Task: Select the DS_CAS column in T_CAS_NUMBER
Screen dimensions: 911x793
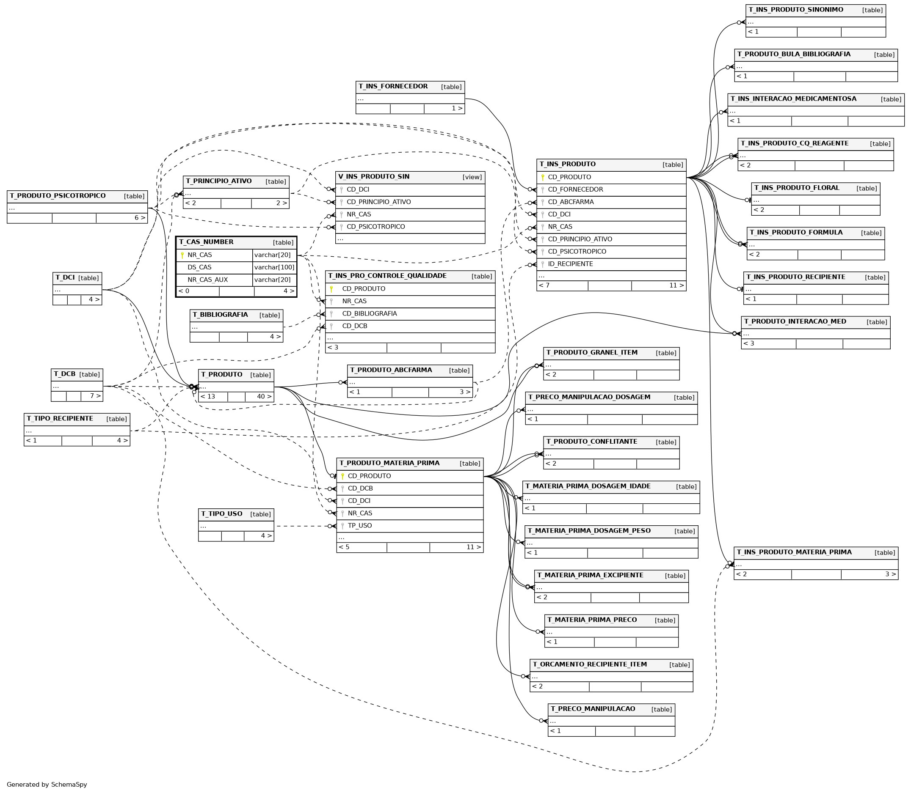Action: click(199, 267)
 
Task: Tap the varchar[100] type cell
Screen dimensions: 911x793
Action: click(274, 267)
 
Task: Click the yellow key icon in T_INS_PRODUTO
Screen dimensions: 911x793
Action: click(542, 178)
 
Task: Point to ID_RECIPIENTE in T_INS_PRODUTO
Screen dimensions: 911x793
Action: click(570, 264)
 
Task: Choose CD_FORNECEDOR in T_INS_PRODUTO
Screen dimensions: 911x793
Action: click(575, 190)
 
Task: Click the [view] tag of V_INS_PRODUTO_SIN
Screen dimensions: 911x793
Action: click(472, 178)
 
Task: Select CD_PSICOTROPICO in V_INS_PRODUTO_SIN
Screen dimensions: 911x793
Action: click(375, 227)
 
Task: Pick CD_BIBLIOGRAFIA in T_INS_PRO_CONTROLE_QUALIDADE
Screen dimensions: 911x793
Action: click(370, 314)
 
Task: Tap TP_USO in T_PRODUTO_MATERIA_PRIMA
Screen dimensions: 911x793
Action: click(360, 526)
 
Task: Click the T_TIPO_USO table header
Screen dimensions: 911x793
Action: click(221, 514)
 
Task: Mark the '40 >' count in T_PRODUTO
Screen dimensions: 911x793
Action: click(264, 397)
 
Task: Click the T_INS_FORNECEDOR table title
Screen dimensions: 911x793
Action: click(393, 86)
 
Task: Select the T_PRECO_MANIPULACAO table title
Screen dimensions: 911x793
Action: click(593, 709)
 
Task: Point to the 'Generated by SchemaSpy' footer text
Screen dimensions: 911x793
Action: click(47, 785)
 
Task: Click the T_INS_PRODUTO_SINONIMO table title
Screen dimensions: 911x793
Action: click(796, 10)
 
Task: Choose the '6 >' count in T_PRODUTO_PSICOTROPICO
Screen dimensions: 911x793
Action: click(140, 218)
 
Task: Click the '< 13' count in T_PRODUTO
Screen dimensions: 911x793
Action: click(208, 397)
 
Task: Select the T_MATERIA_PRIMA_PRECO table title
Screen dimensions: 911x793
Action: click(592, 620)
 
